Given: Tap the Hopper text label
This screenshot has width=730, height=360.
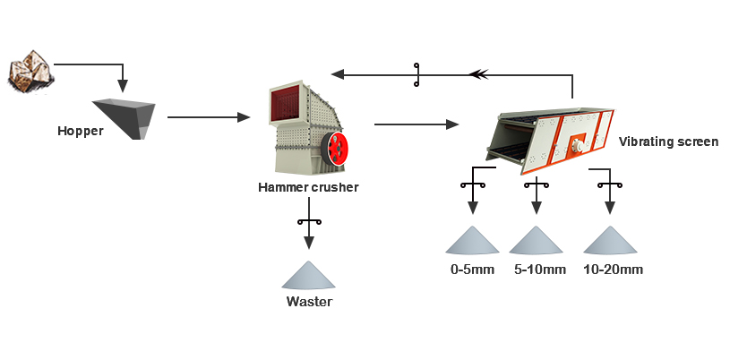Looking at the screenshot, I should tap(81, 132).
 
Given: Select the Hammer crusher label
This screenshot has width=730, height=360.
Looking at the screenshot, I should tap(308, 187).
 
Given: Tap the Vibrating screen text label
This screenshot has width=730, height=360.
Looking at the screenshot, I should tap(668, 141).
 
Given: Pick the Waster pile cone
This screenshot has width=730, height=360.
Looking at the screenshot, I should tap(309, 275).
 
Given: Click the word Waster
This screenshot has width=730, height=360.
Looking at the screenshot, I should tap(309, 302).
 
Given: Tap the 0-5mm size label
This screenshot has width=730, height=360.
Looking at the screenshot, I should tap(472, 269).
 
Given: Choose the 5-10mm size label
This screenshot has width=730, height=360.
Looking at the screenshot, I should tap(539, 269).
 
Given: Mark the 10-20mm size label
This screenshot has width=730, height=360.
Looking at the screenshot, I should tap(613, 269).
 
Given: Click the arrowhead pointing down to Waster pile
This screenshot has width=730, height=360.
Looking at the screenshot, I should tap(309, 242).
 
